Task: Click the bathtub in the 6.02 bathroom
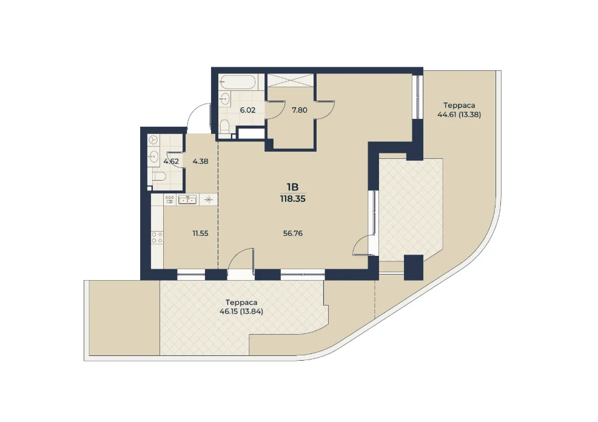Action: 237,82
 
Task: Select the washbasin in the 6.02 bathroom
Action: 224,99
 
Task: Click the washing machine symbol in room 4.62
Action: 153,140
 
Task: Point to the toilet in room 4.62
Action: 158,176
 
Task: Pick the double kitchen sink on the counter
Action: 187,199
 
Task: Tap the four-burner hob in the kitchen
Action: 156,238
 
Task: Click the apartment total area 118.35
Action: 293,199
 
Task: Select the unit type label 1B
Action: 293,187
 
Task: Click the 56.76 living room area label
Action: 293,233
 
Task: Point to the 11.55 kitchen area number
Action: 200,233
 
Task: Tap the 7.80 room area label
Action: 300,110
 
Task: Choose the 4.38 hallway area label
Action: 200,161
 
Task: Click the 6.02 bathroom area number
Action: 247,110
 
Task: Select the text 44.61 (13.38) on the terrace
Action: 459,115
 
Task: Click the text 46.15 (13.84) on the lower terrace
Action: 241,311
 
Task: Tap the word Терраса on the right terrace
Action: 459,105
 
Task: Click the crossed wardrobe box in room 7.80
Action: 290,81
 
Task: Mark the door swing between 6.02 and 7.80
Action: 275,110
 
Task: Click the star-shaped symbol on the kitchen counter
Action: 209,199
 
